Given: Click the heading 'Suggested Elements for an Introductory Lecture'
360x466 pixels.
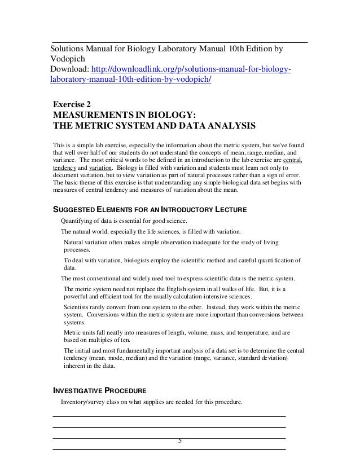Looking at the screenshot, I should coord(150,210).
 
